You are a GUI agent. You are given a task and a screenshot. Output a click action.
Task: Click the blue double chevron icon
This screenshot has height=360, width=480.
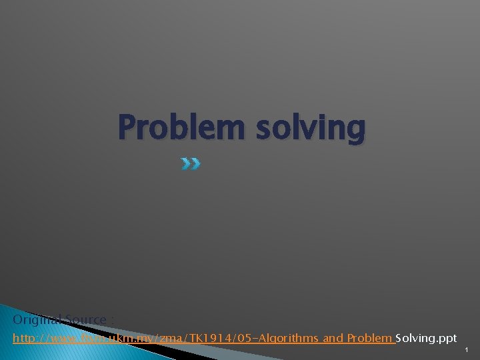(191, 163)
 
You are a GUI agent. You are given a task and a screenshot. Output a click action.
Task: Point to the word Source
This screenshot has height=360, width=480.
(83, 320)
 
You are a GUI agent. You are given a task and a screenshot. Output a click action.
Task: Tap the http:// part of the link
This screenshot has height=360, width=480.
(27, 339)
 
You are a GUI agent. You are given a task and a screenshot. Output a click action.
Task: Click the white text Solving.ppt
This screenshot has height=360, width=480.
(426, 339)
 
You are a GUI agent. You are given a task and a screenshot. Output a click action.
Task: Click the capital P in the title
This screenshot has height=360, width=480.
(127, 127)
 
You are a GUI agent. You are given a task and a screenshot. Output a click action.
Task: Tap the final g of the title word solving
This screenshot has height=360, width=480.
(356, 131)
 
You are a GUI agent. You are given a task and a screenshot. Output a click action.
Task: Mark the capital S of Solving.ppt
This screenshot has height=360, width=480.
(399, 339)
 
